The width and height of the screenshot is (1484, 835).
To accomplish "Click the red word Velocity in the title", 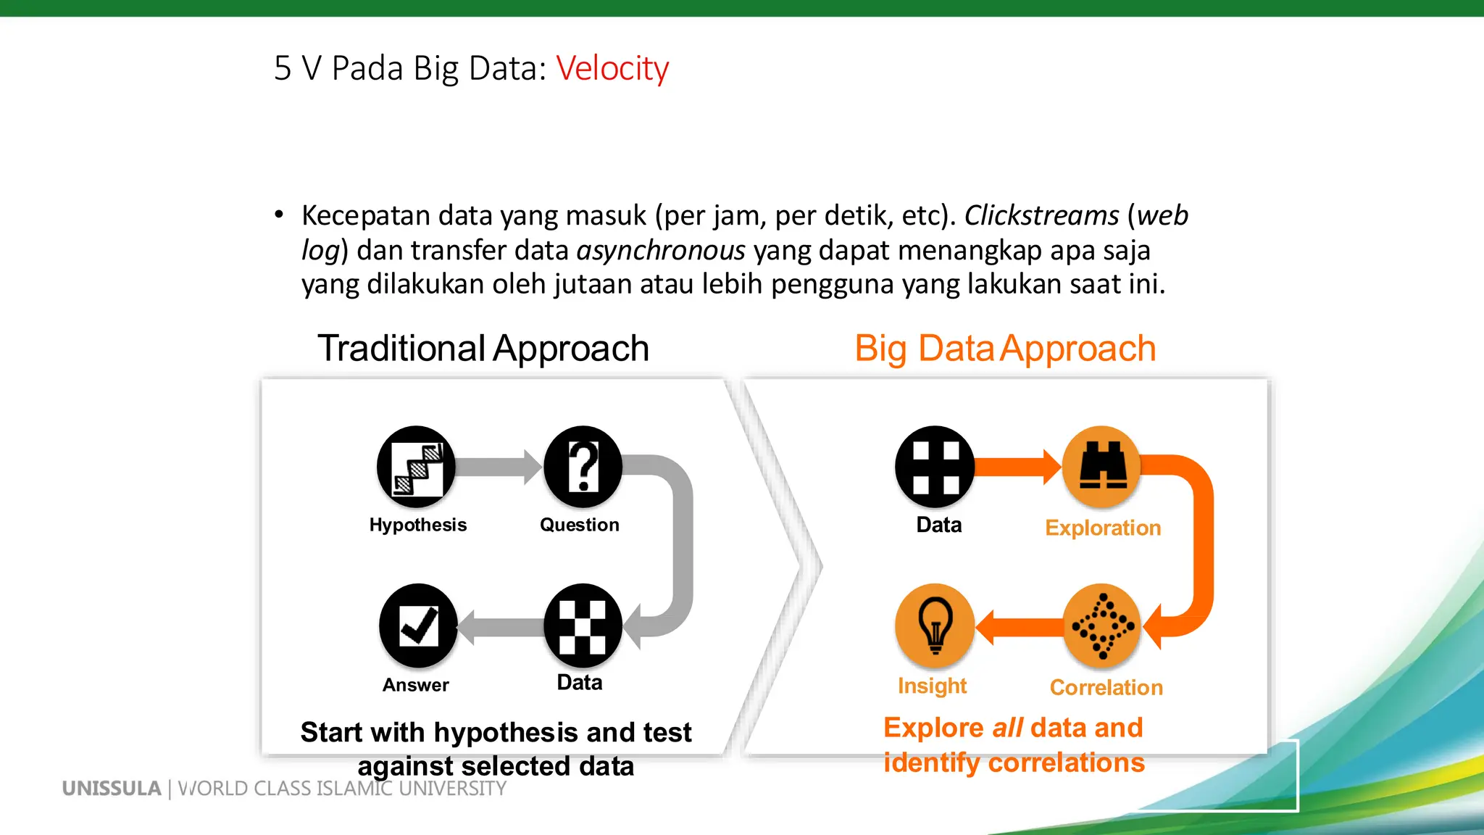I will [x=612, y=69].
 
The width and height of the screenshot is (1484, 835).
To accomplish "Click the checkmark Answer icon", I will [x=418, y=626].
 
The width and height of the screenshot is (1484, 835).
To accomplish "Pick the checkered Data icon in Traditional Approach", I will [x=583, y=626].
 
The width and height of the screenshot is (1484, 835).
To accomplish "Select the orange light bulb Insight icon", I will [x=935, y=626].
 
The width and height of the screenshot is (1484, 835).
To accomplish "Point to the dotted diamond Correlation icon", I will [x=1102, y=626].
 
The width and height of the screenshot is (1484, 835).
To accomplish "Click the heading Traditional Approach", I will [x=483, y=349].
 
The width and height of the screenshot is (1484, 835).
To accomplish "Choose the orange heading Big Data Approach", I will [x=1005, y=349].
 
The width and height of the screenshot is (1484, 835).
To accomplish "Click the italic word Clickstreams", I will [x=1041, y=216].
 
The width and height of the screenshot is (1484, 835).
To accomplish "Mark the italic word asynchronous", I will [x=661, y=251].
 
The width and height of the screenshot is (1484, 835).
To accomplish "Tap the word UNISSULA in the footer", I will [x=112, y=789].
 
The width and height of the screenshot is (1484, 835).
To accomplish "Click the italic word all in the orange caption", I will [x=1007, y=728].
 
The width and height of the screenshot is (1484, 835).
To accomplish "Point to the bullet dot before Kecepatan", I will [x=279, y=214].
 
